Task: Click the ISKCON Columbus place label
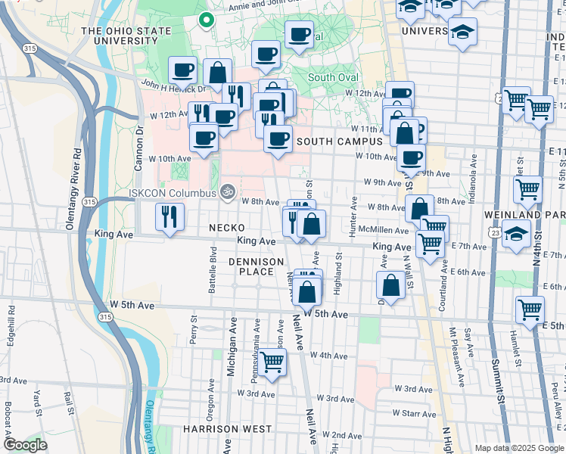pos(173,191)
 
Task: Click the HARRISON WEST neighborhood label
pos(227,428)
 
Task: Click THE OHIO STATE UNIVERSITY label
pos(122,36)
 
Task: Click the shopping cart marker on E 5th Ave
pos(530,309)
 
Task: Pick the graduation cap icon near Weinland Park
pos(516,235)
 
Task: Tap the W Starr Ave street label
pos(413,414)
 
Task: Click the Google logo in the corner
pos(25,445)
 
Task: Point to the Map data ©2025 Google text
pos(519,448)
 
